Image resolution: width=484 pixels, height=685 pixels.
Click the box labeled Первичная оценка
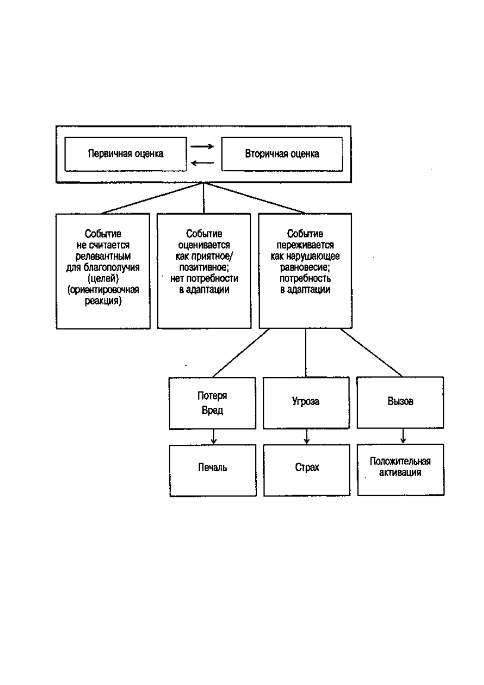[126, 154]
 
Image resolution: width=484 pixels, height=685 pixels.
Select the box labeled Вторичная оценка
[282, 154]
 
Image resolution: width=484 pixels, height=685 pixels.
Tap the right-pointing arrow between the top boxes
[202, 146]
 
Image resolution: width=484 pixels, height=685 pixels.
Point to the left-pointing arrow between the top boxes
[202, 163]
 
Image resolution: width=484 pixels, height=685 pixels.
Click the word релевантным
[103, 256]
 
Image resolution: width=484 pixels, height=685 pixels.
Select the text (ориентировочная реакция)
[103, 295]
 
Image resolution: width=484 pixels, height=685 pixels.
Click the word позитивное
[203, 267]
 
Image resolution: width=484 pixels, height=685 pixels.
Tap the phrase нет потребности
[204, 278]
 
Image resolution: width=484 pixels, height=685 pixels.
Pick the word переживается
[305, 245]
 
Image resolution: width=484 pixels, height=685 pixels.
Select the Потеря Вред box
[212, 403]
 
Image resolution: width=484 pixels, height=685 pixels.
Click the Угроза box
[306, 402]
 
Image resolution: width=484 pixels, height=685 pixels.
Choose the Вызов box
[401, 402]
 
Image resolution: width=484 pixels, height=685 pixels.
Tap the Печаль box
[212, 470]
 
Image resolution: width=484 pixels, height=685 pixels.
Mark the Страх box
[307, 470]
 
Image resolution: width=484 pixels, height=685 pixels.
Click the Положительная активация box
[401, 469]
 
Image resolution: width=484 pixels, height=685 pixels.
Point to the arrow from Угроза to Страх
[307, 437]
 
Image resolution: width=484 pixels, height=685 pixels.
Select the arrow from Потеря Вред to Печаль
[214, 437]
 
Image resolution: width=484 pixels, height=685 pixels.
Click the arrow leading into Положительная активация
[403, 436]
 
